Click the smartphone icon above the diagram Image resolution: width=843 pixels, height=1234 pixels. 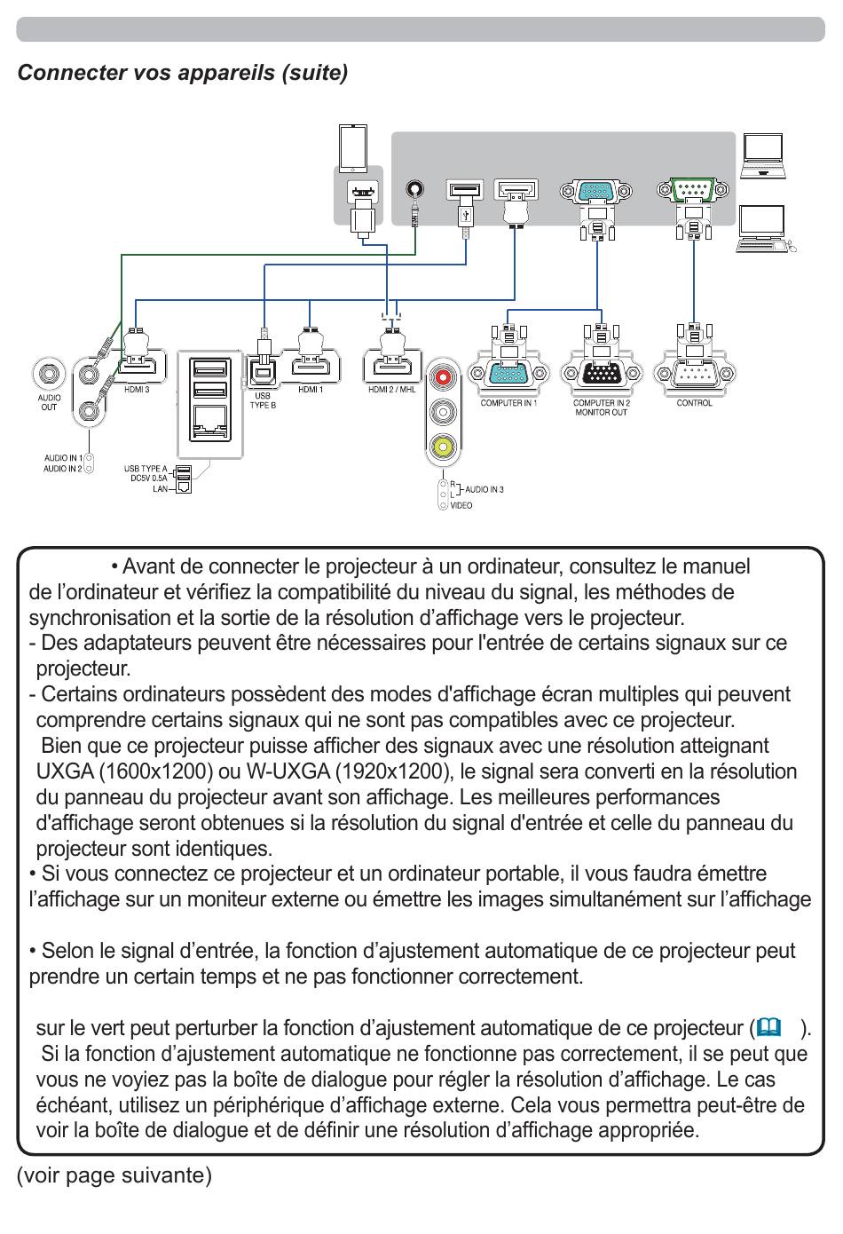[x=353, y=149]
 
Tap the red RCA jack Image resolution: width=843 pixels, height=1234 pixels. [x=443, y=377]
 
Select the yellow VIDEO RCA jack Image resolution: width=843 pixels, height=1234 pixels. [x=443, y=446]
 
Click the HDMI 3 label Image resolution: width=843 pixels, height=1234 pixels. [x=137, y=390]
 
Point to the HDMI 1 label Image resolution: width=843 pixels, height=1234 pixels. [x=311, y=390]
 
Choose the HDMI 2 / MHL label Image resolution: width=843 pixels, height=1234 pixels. [x=392, y=390]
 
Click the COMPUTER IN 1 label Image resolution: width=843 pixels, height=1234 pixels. [x=508, y=403]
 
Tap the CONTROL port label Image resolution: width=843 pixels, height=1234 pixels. [x=694, y=403]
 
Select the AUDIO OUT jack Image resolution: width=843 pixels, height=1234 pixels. [x=49, y=374]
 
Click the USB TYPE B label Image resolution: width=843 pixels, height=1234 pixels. [x=263, y=400]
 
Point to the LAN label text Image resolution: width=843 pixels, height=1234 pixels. [x=161, y=488]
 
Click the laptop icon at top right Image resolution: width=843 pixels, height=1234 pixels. [x=762, y=156]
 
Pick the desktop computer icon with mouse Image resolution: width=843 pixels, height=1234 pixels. [x=766, y=229]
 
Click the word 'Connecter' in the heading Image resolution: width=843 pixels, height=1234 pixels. [x=72, y=73]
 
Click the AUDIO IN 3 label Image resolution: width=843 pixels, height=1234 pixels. [x=484, y=489]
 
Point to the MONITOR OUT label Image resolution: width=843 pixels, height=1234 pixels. [x=602, y=413]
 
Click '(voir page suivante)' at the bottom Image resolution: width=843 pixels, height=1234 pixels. [x=114, y=1175]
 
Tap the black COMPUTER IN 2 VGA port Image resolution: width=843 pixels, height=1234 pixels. [x=602, y=374]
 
